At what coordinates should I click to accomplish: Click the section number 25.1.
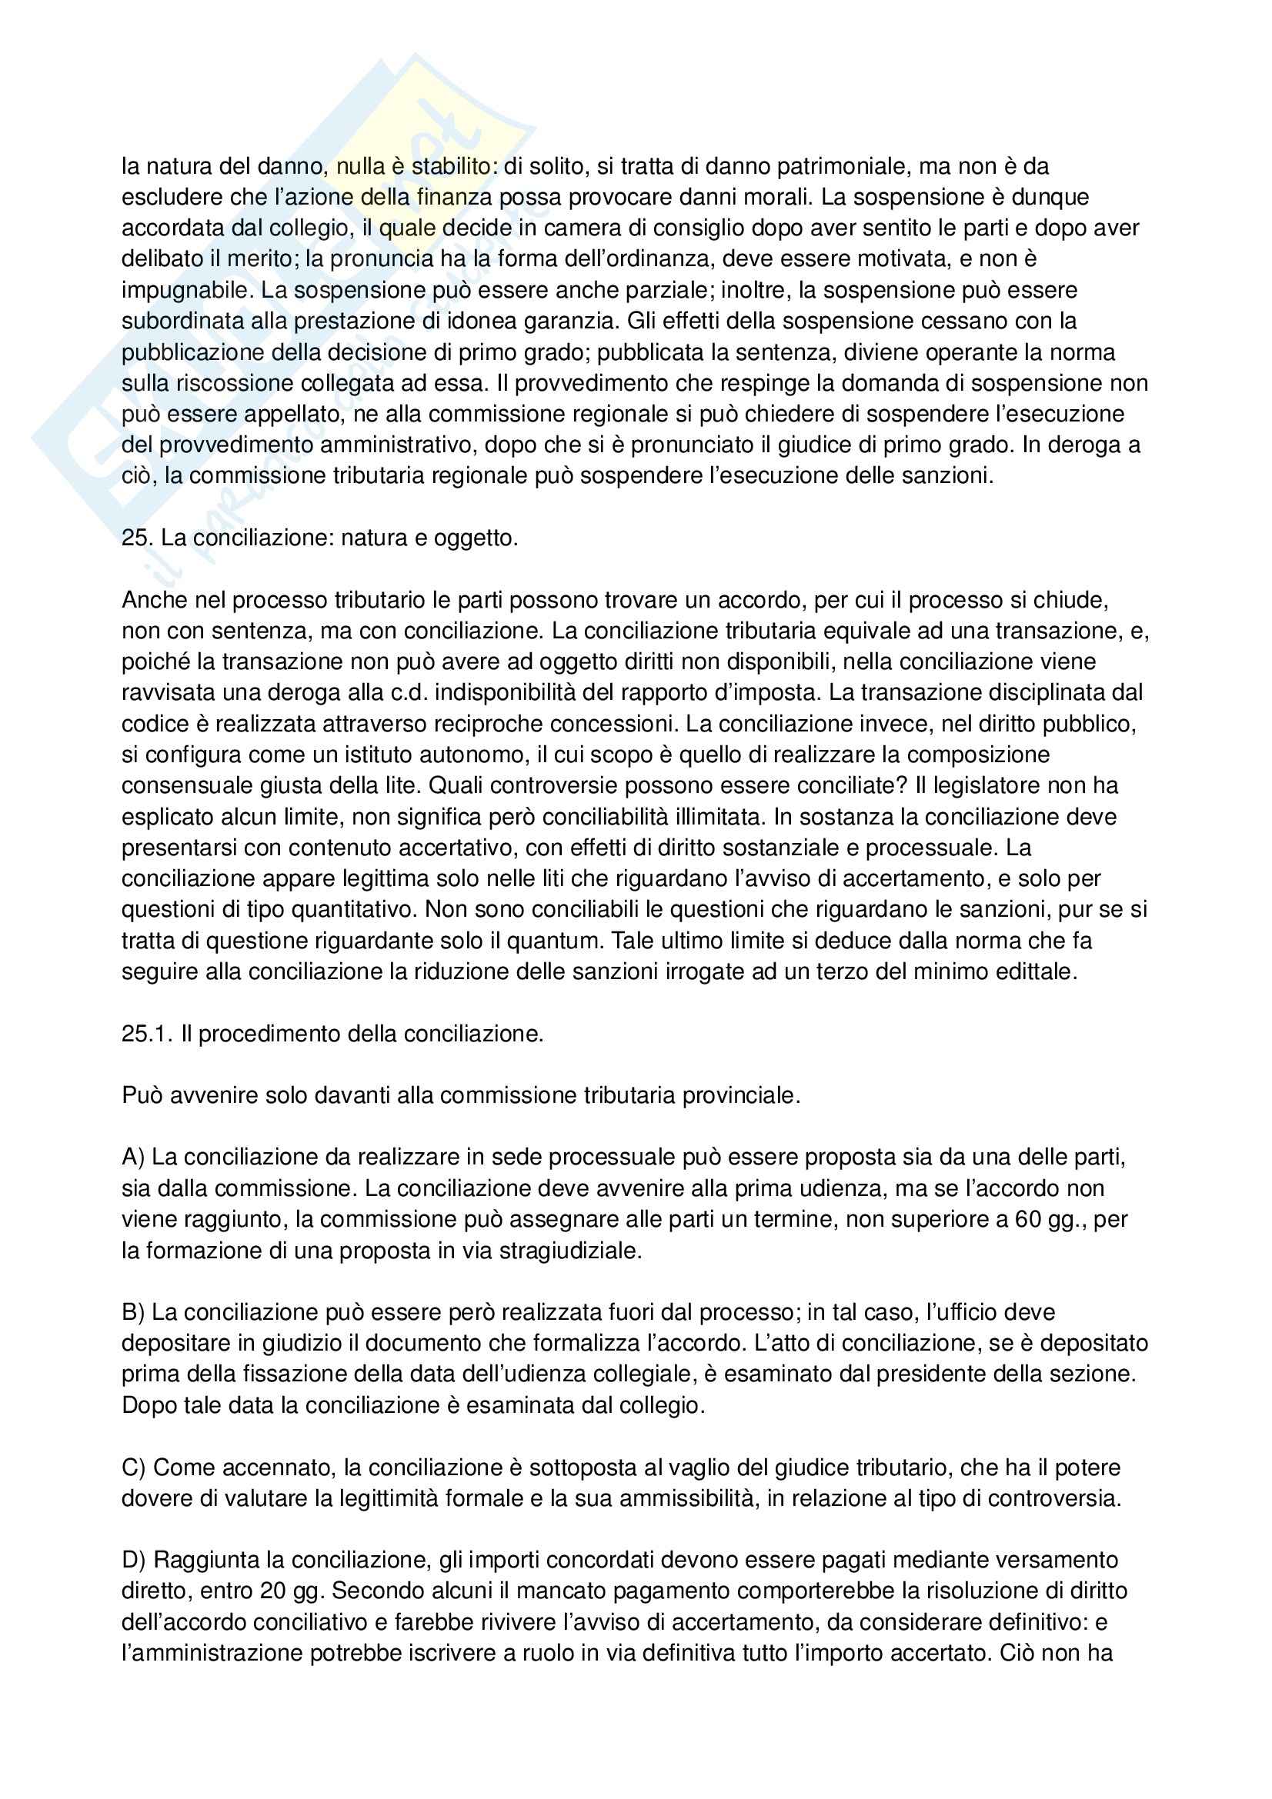coord(146,1034)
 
